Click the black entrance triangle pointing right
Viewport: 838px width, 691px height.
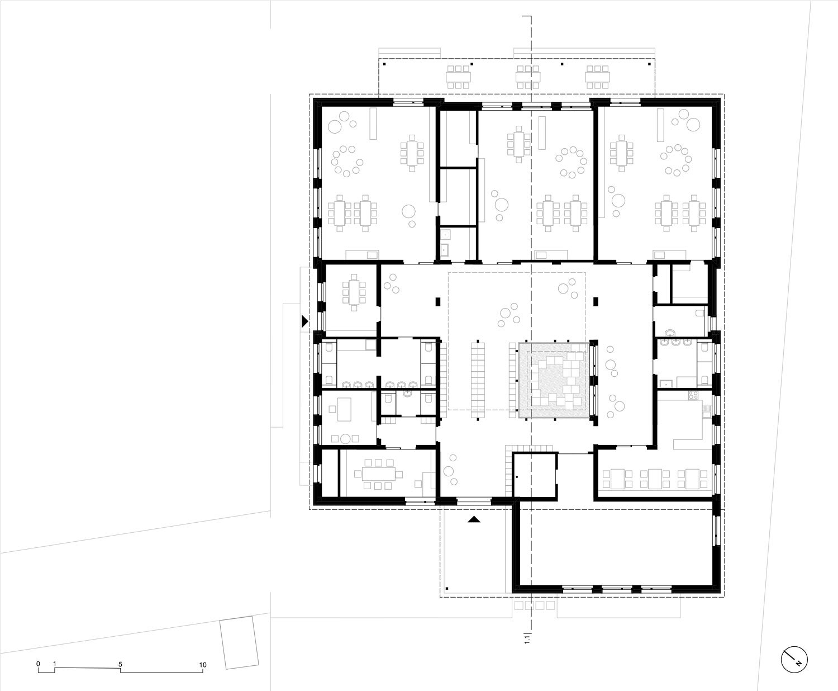(305, 321)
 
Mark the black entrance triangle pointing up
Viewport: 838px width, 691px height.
(474, 519)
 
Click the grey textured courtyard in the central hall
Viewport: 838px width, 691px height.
(554, 380)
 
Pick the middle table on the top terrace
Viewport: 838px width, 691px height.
(528, 77)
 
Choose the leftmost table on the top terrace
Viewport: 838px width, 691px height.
(458, 77)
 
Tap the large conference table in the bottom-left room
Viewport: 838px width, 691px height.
(378, 474)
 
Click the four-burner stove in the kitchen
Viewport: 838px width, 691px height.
(693, 395)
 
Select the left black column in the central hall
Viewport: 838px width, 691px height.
(438, 301)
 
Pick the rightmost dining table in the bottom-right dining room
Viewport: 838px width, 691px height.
(692, 479)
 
